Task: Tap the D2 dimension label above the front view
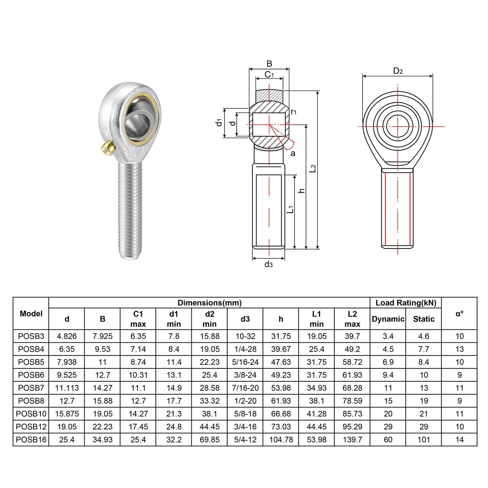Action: point(398,71)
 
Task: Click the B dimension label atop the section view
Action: point(269,63)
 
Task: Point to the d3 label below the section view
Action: point(269,264)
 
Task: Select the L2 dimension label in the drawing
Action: point(313,168)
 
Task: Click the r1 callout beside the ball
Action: point(293,112)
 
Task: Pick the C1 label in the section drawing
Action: point(269,75)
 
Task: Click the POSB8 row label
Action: point(31,401)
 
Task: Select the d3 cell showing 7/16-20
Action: point(245,388)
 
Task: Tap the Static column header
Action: point(424,319)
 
